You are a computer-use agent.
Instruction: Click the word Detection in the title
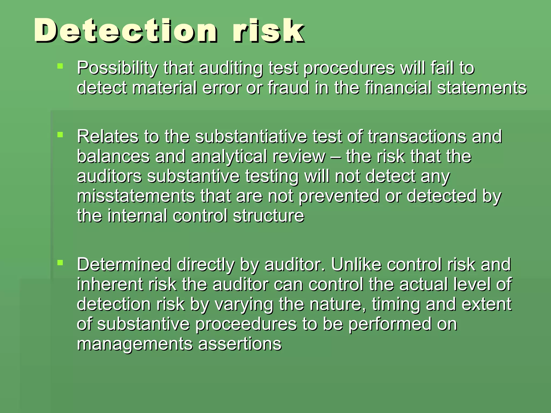tap(125, 31)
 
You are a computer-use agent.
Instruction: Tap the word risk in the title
tap(269, 31)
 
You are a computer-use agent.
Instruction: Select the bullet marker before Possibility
tap(60, 66)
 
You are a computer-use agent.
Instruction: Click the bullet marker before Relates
tap(60, 134)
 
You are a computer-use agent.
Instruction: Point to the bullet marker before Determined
tap(60, 262)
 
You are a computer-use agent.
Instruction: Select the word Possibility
tap(117, 68)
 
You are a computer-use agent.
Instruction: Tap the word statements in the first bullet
tap(482, 88)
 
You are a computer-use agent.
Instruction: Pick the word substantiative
tap(251, 136)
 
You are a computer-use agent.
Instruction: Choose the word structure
tap(269, 216)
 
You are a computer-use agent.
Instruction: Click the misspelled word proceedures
tap(246, 324)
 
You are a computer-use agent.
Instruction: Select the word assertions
tap(240, 344)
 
